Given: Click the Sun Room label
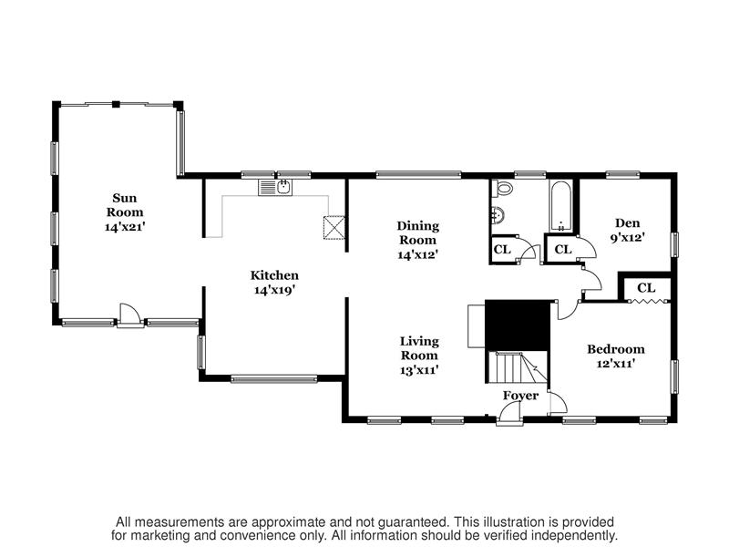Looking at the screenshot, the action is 125,205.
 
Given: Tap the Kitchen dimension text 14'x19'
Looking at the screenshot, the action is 275,290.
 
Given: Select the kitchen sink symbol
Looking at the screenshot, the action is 275,188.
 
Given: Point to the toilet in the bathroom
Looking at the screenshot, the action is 502,187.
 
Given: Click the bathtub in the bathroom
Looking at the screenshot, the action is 561,206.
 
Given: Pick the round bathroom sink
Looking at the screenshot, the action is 497,215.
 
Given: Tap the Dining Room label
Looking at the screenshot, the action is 418,233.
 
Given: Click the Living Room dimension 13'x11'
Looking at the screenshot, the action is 419,370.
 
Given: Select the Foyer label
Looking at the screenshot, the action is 520,396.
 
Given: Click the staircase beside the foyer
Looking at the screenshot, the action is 518,367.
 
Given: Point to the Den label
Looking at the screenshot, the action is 628,222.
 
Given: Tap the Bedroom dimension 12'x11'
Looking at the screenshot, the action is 616,363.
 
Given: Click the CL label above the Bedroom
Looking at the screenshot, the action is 646,288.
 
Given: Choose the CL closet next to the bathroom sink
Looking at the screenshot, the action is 502,250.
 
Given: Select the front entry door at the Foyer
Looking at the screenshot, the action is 509,414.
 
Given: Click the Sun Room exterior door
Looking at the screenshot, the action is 130,315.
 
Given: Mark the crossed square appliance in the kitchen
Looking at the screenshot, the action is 334,227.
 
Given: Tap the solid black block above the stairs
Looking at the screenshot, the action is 518,325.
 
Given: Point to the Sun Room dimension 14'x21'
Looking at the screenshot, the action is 126,227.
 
